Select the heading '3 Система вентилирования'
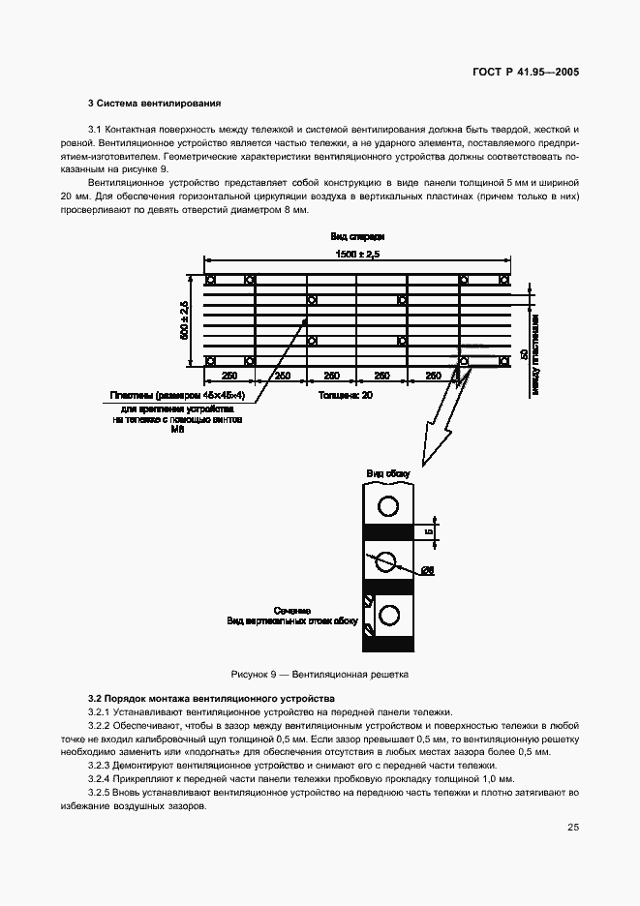point(155,103)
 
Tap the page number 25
point(573,828)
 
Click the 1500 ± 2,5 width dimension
point(358,254)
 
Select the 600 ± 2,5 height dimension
point(184,320)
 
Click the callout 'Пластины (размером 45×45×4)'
point(176,395)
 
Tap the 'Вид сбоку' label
point(387,473)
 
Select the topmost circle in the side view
point(388,505)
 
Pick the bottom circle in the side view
point(390,614)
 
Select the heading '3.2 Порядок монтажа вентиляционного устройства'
point(211,698)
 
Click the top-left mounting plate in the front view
point(210,280)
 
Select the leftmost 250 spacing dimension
point(230,375)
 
